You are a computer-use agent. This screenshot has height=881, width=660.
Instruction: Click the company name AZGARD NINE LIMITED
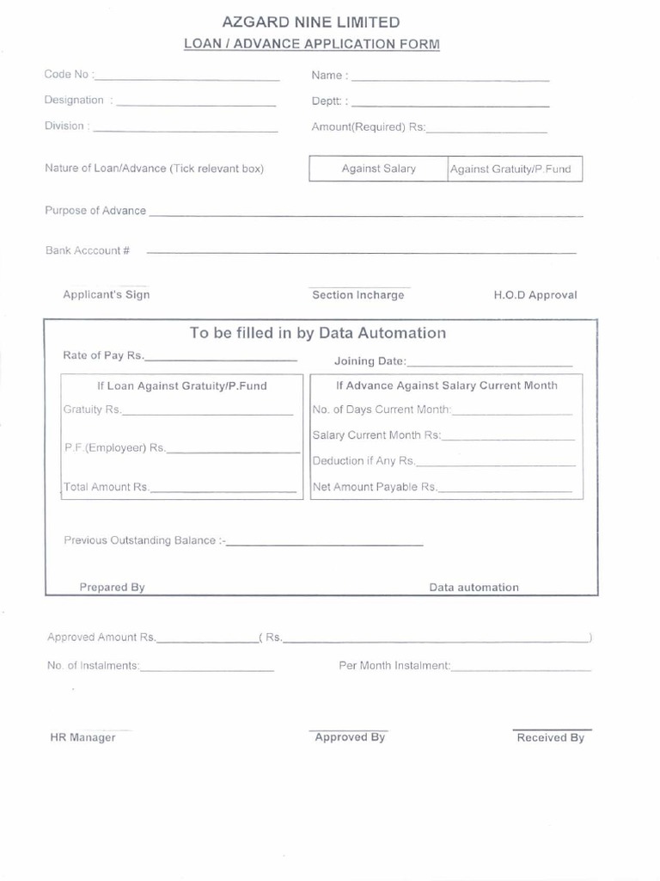point(311,22)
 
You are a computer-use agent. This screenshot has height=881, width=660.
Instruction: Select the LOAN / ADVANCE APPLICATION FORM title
point(311,44)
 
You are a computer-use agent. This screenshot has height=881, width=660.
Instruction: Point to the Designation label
point(74,101)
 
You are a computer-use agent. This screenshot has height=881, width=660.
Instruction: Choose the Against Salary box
point(378,169)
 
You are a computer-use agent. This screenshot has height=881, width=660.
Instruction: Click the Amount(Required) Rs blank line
point(486,131)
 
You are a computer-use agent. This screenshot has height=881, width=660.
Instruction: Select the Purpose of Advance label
point(95,211)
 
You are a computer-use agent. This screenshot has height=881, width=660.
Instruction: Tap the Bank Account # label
point(88,250)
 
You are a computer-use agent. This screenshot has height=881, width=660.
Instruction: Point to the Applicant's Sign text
point(106,294)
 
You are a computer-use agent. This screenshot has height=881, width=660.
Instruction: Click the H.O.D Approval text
point(535,295)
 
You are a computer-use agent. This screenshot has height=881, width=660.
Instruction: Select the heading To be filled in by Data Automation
point(318,333)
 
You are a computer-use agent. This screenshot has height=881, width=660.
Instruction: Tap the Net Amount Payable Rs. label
point(374,487)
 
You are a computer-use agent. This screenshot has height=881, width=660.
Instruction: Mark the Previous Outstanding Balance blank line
point(324,544)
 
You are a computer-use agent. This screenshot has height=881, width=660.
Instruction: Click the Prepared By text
point(112,588)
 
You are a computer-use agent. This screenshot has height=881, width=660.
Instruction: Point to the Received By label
point(550,737)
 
